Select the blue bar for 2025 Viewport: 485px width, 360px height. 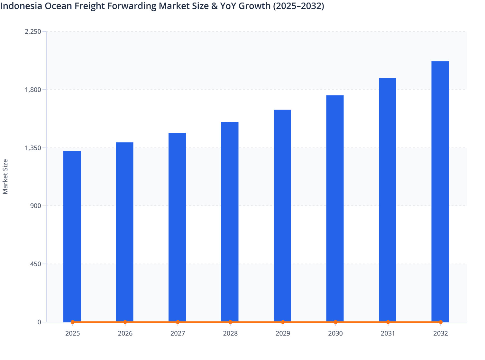72,236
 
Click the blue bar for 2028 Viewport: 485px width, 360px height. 230,222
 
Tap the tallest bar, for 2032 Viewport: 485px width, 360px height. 440,191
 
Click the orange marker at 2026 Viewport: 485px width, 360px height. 125,322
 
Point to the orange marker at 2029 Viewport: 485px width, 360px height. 283,322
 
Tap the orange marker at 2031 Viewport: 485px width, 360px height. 388,322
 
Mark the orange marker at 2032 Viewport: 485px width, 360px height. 440,322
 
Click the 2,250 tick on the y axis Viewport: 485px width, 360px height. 33,32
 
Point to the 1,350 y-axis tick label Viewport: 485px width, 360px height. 33,148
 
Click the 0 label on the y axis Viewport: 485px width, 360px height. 39,322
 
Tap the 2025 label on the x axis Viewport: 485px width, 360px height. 72,333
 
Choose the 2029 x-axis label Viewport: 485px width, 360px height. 283,333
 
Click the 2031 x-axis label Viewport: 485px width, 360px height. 388,333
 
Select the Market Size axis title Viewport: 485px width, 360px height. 5,177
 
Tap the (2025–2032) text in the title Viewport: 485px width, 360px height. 298,6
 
